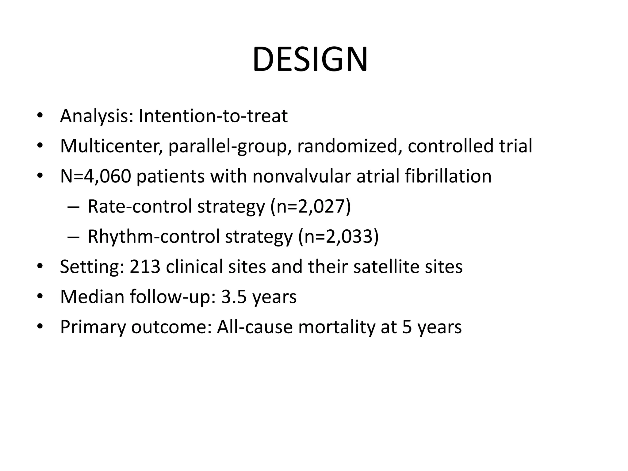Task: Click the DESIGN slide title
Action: (x=310, y=59)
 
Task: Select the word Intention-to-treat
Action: (x=213, y=116)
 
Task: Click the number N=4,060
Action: (x=95, y=176)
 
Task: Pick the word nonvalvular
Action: (x=301, y=176)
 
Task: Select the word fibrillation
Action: (x=448, y=176)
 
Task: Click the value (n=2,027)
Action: (x=310, y=206)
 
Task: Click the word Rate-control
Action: (x=140, y=206)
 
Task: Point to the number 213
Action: (x=145, y=266)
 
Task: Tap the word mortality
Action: (x=336, y=327)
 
